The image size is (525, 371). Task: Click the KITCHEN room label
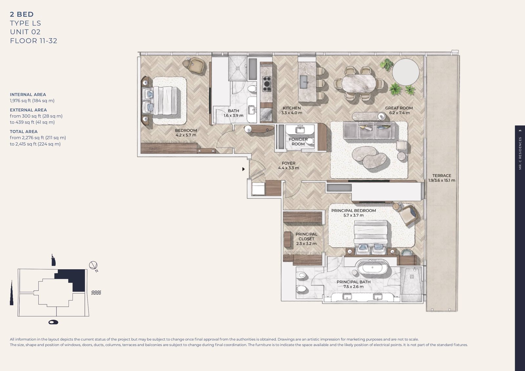[291, 108]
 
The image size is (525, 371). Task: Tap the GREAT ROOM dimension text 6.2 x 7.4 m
[399, 113]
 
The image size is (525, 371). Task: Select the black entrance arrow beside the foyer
[243, 169]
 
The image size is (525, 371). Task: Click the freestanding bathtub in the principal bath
[372, 267]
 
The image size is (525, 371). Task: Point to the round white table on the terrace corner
[406, 72]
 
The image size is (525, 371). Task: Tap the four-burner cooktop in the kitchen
[266, 84]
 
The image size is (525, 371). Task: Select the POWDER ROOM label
[298, 142]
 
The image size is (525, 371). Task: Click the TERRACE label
[441, 175]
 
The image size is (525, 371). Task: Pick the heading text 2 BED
[22, 14]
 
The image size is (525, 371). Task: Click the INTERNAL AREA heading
[28, 94]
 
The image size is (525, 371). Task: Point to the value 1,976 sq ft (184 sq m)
[32, 101]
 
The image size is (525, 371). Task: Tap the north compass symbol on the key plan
[94, 266]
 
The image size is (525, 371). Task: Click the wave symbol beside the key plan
[96, 293]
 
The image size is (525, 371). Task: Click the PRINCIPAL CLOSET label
[306, 237]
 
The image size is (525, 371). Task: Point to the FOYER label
[288, 163]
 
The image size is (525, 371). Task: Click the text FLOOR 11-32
[33, 41]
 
